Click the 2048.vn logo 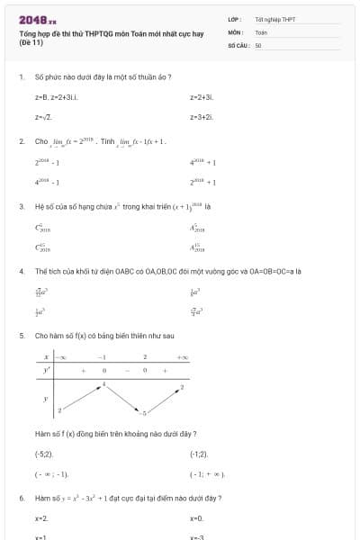pyautogui.click(x=38, y=19)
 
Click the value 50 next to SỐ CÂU pyautogui.click(x=258, y=44)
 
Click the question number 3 pyautogui.click(x=21, y=206)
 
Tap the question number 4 pyautogui.click(x=21, y=271)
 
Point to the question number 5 pyautogui.click(x=21, y=336)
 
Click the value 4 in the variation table pyautogui.click(x=103, y=384)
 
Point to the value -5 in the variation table pyautogui.click(x=143, y=412)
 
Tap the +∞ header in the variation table pyautogui.click(x=183, y=357)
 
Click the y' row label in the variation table pyautogui.click(x=47, y=370)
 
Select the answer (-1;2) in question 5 pyautogui.click(x=199, y=454)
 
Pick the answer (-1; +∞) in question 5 pyautogui.click(x=207, y=473)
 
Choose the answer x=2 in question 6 pyautogui.click(x=41, y=518)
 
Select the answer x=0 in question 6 pyautogui.click(x=196, y=518)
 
